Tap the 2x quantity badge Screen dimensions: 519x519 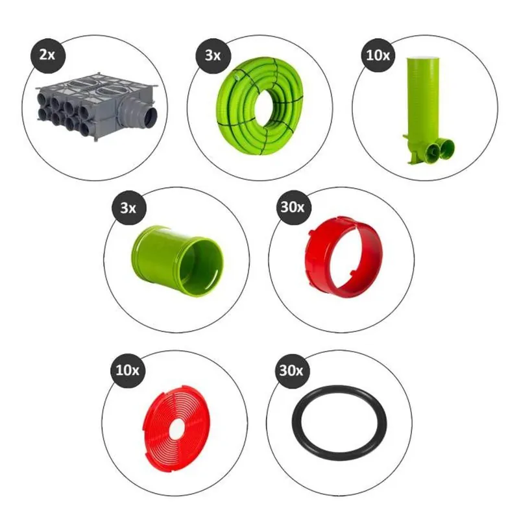[x=47, y=55]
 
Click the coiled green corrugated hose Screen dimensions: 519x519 [x=260, y=106]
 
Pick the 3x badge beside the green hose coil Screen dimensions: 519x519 [x=213, y=56]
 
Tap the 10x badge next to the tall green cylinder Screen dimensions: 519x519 [x=378, y=56]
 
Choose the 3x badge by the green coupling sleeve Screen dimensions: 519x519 [x=128, y=208]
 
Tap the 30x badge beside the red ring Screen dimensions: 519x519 [x=293, y=208]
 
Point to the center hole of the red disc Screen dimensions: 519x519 [x=177, y=428]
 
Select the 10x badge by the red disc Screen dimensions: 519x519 [x=127, y=370]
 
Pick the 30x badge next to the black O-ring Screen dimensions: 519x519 [x=291, y=370]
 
